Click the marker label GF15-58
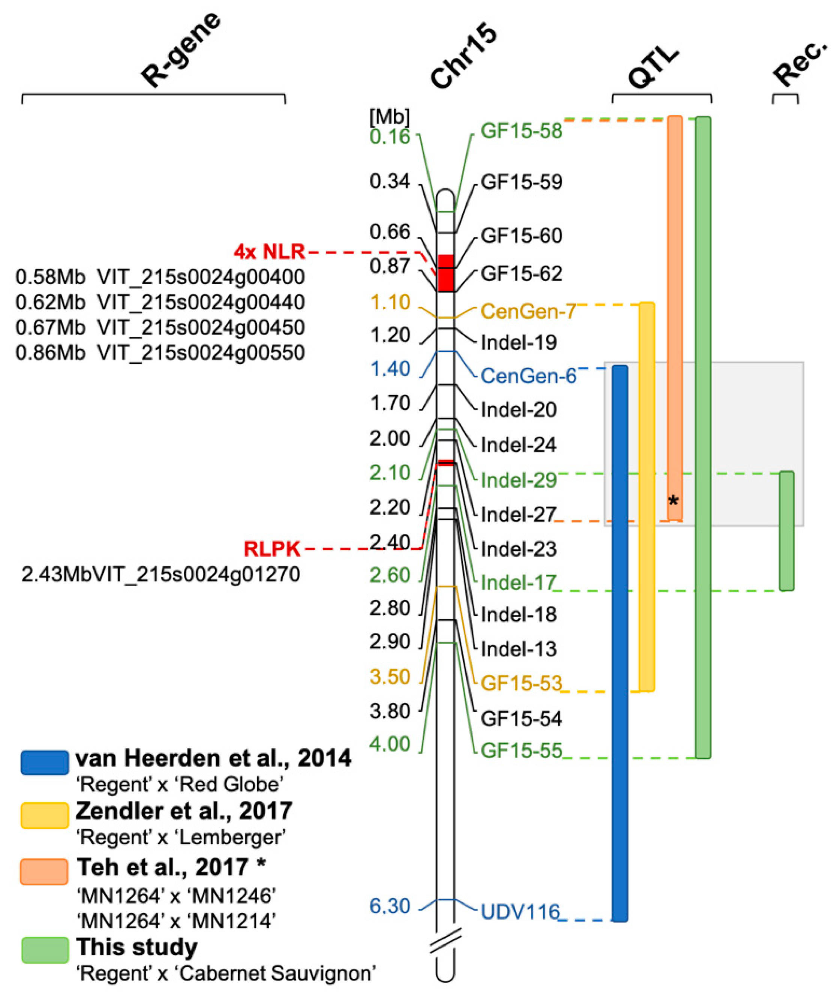click(x=521, y=131)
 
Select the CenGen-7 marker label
click(x=528, y=312)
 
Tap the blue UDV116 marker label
click(x=520, y=912)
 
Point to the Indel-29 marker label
click(x=518, y=480)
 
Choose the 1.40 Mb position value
click(x=390, y=369)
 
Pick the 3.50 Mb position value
click(x=390, y=677)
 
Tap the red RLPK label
click(x=272, y=549)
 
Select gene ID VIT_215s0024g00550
click(x=201, y=353)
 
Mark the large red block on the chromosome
click(x=445, y=273)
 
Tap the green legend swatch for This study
click(x=45, y=950)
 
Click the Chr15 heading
click(x=463, y=58)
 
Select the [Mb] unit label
click(x=390, y=116)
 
